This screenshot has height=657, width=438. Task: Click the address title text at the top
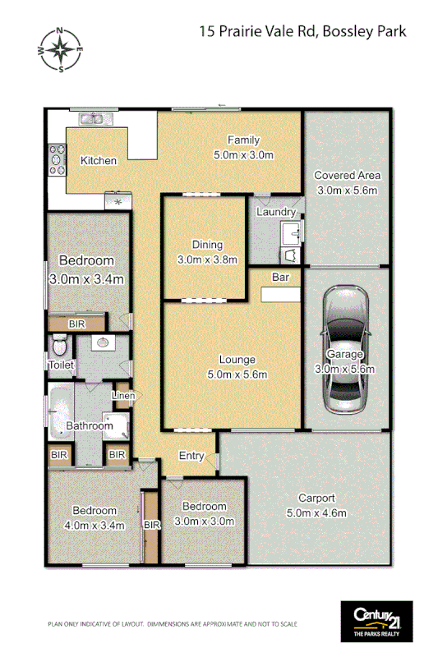click(302, 32)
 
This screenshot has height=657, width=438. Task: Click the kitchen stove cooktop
click(58, 160)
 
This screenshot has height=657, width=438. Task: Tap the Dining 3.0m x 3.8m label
click(207, 252)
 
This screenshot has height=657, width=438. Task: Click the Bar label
click(280, 278)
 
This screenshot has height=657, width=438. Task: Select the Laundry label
click(275, 212)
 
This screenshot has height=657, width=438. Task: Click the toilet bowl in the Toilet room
click(58, 343)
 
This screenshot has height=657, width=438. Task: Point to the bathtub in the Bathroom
click(61, 416)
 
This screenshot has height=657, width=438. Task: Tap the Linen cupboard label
click(123, 396)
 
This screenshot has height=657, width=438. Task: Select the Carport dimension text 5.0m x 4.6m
click(316, 513)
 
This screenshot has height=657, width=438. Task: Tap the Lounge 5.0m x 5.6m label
click(237, 367)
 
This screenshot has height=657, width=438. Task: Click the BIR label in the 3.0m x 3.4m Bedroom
click(76, 324)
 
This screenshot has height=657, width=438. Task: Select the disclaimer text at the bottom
click(172, 624)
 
